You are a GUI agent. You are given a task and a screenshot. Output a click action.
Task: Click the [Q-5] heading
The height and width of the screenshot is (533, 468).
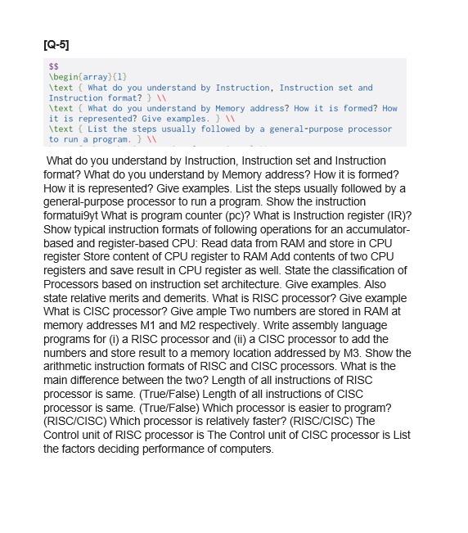pyautogui.click(x=56, y=44)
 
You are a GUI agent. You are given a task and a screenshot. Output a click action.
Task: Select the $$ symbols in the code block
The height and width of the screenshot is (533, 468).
pyautogui.click(x=54, y=66)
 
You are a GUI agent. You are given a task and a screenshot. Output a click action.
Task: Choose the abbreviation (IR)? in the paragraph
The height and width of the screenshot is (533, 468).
pyautogui.click(x=397, y=215)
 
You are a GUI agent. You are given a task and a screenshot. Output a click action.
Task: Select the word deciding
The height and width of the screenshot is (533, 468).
pyautogui.click(x=114, y=449)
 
